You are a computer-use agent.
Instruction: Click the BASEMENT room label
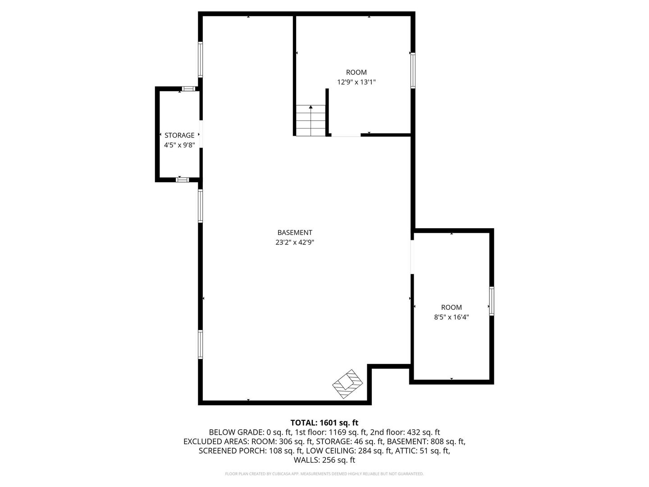(294, 233)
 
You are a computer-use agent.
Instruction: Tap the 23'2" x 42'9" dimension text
(294, 242)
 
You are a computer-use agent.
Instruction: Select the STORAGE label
(179, 135)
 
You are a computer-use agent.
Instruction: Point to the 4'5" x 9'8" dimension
(179, 145)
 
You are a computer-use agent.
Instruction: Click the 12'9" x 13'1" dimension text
(356, 82)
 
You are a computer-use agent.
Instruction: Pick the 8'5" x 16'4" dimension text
(451, 317)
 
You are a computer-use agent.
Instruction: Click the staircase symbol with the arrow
(311, 120)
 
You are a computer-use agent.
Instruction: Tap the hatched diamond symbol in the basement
(347, 384)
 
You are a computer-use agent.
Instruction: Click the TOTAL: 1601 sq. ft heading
(324, 423)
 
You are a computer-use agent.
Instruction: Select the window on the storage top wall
(188, 88)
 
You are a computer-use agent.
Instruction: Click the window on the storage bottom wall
(182, 179)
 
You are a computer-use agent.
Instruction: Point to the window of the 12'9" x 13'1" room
(412, 70)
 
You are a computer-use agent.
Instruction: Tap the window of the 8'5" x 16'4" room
(491, 301)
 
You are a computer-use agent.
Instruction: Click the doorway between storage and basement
(201, 133)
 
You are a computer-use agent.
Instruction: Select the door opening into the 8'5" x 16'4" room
(412, 256)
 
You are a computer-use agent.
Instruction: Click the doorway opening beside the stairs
(346, 134)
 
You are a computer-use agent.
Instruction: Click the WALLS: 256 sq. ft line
(324, 460)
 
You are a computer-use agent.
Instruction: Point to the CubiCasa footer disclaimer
(324, 474)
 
